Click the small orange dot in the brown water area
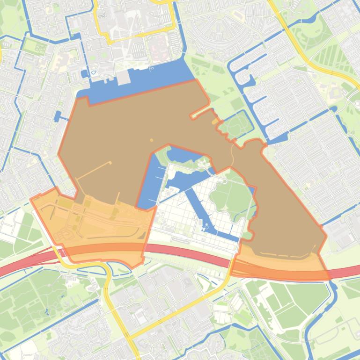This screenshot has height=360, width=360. pos(151,140)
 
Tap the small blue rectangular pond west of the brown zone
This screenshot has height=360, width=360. pos(58,116)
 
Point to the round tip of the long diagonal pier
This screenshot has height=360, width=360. pos(110,162)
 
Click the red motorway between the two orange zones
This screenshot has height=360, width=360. pos(187,255)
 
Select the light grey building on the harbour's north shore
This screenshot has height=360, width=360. pos(123,78)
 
